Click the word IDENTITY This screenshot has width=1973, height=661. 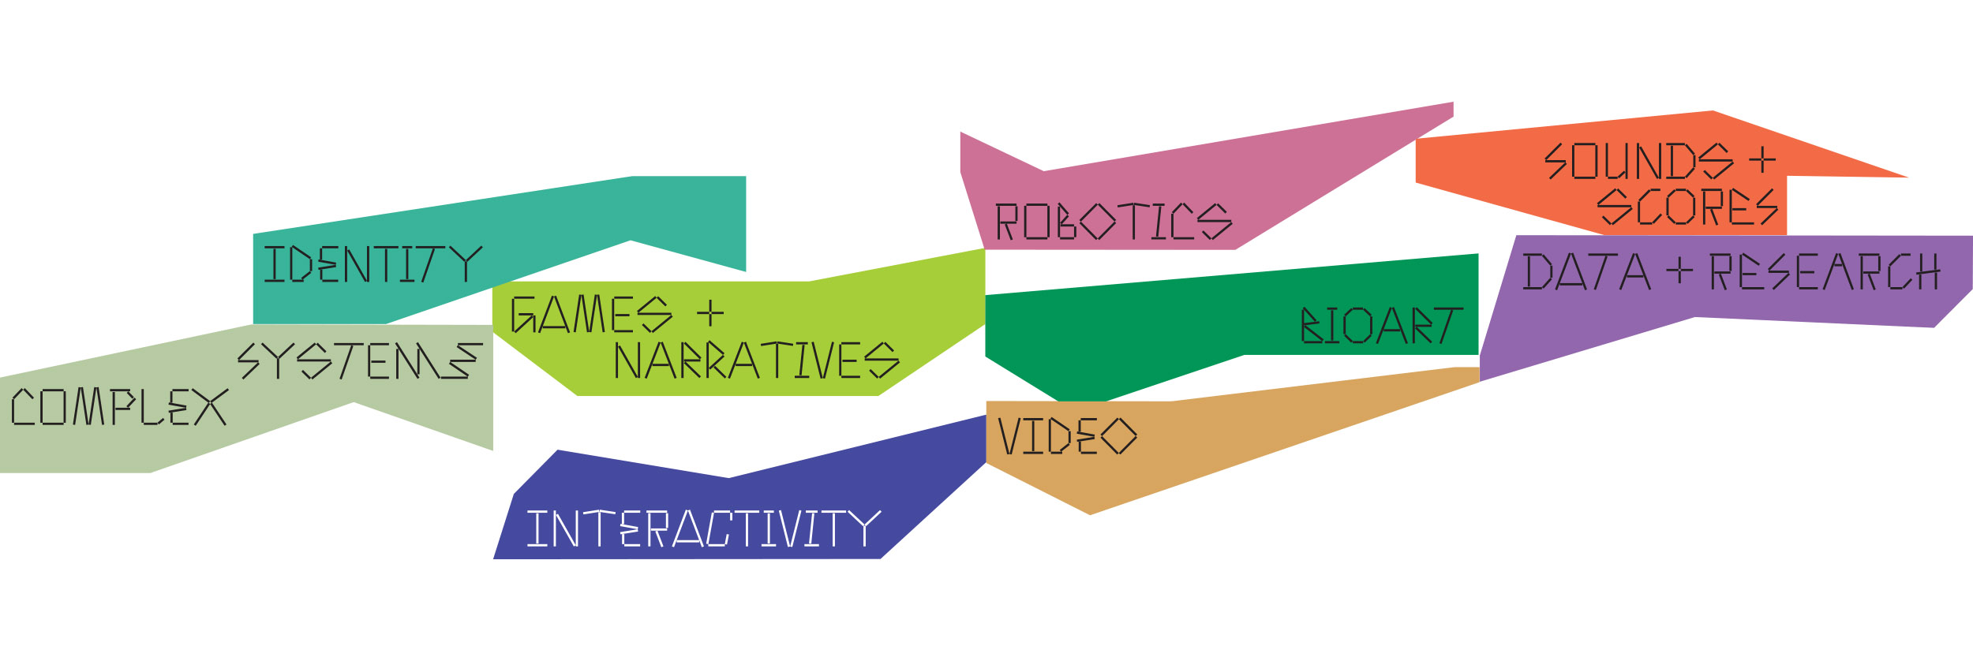(373, 264)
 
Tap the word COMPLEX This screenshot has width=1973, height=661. (119, 407)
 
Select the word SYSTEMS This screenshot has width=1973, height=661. (360, 361)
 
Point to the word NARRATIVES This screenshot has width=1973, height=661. (756, 360)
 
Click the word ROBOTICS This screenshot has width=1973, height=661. (1113, 222)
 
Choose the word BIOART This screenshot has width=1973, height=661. (1381, 325)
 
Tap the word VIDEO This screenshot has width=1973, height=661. (1067, 436)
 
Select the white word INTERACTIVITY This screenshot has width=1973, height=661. (703, 528)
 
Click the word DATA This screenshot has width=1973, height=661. (1586, 271)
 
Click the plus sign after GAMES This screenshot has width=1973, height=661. (710, 313)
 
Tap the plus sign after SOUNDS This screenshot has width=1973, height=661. (1762, 160)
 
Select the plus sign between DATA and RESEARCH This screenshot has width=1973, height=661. (1679, 271)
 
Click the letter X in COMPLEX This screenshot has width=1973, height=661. (210, 407)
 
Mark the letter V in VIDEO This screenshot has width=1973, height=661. (1009, 436)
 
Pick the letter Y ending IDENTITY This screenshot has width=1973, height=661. (466, 264)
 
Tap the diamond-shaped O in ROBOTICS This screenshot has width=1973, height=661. (1097, 222)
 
